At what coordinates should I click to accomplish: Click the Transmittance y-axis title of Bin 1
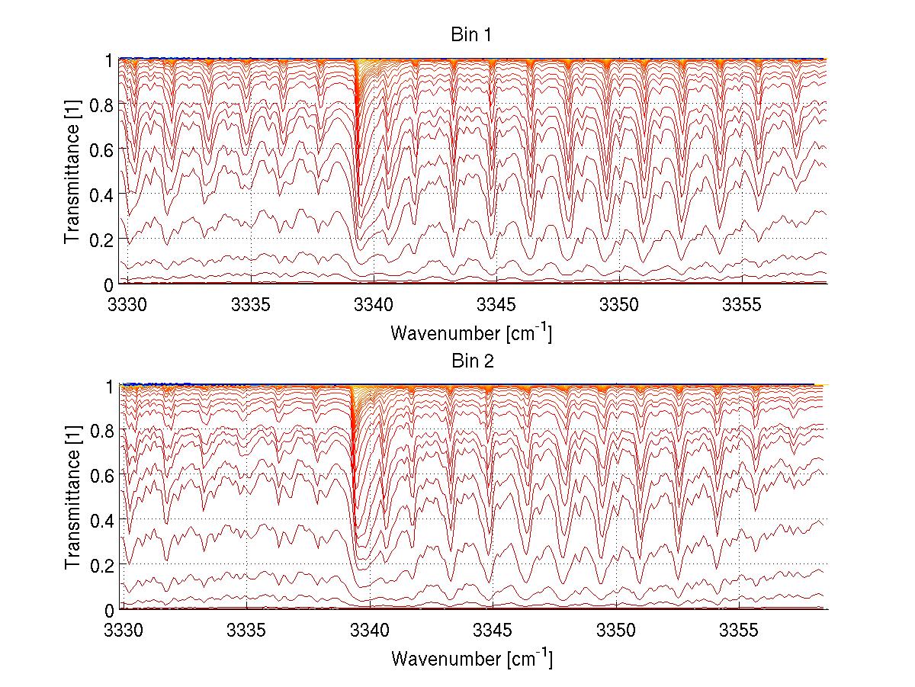[72, 171]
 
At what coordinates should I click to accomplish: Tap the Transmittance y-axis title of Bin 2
[72, 497]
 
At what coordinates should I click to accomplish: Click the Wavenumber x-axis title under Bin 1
[471, 332]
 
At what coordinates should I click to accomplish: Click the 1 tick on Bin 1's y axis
[110, 59]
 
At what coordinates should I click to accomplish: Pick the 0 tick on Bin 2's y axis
[110, 609]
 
